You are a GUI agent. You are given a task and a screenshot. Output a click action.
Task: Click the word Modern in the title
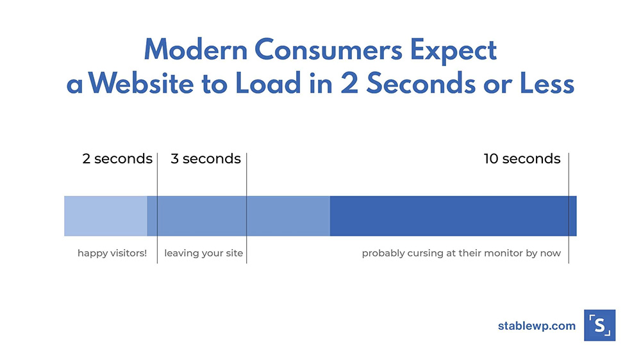click(x=196, y=50)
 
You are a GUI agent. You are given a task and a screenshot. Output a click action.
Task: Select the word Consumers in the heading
click(x=329, y=50)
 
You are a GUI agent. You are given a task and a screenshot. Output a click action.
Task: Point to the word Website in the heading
click(x=141, y=83)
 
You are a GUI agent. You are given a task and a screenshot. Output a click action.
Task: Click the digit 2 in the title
click(x=349, y=83)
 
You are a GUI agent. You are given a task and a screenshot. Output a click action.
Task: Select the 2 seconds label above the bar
click(x=117, y=159)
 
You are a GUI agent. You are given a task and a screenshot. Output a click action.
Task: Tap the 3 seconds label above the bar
click(x=206, y=159)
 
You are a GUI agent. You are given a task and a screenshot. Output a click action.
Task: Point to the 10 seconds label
click(x=522, y=159)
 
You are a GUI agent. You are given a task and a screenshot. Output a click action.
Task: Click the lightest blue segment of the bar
click(x=106, y=216)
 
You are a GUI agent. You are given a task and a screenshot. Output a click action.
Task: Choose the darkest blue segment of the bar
click(x=453, y=216)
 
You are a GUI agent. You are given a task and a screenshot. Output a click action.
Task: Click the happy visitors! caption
click(x=112, y=254)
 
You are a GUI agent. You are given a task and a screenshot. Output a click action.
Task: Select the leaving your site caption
click(x=204, y=254)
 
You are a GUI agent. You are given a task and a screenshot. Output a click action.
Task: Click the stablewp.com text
click(x=537, y=325)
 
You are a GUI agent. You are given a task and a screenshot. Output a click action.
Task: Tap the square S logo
click(x=600, y=325)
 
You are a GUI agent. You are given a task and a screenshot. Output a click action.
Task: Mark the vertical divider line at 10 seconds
click(x=569, y=208)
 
